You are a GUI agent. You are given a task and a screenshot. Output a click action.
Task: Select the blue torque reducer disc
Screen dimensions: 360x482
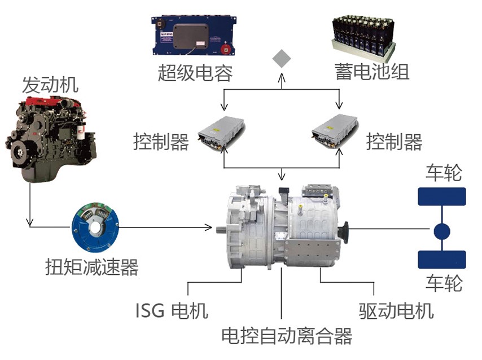pyautogui.click(x=94, y=227)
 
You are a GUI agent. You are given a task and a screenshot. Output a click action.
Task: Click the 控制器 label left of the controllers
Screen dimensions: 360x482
pyautogui.click(x=161, y=141)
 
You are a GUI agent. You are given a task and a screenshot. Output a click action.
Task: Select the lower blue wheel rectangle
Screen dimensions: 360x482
pyautogui.click(x=441, y=260)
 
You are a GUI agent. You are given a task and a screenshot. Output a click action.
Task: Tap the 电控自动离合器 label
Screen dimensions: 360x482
pyautogui.click(x=287, y=336)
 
